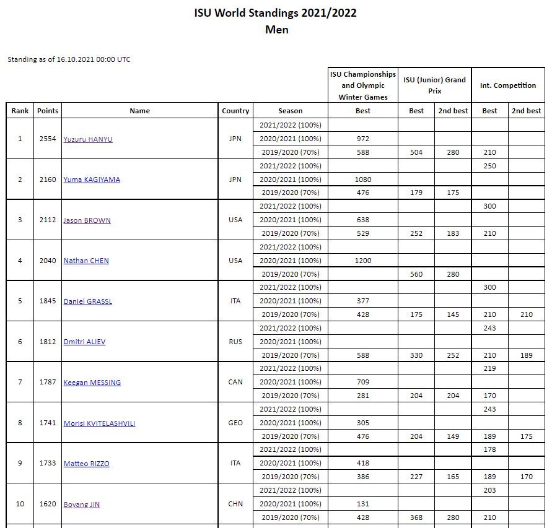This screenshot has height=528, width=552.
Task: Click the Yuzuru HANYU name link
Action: pyautogui.click(x=88, y=139)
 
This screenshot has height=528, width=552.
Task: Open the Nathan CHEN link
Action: pyautogui.click(x=86, y=261)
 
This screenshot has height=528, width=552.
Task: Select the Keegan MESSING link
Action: pyautogui.click(x=92, y=383)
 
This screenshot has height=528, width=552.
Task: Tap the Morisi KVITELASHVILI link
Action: pyautogui.click(x=99, y=423)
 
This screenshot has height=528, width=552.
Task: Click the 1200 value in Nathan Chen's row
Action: pyautogui.click(x=363, y=261)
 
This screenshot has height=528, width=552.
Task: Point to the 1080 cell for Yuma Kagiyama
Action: pyautogui.click(x=363, y=180)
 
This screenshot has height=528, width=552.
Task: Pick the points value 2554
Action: pyautogui.click(x=48, y=139)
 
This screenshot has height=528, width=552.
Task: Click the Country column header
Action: pyautogui.click(x=235, y=111)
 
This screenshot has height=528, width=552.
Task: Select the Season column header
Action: pyautogui.click(x=291, y=111)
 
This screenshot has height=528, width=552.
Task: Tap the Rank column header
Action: pyautogui.click(x=20, y=111)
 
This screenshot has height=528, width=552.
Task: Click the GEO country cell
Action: pyautogui.click(x=235, y=423)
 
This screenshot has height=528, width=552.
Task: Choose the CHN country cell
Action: pyautogui.click(x=235, y=504)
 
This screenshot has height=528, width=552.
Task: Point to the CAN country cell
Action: pyautogui.click(x=235, y=382)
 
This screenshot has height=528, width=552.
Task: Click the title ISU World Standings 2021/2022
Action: pyautogui.click(x=276, y=13)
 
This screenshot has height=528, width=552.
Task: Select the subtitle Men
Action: pyautogui.click(x=276, y=30)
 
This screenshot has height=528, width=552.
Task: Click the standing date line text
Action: pyautogui.click(x=69, y=59)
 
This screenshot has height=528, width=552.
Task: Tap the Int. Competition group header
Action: pyautogui.click(x=508, y=85)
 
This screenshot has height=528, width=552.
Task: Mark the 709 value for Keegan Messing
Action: pyautogui.click(x=363, y=382)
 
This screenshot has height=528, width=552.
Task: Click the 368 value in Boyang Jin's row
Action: pyautogui.click(x=416, y=517)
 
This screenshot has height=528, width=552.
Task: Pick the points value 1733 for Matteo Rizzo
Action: pyautogui.click(x=48, y=463)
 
